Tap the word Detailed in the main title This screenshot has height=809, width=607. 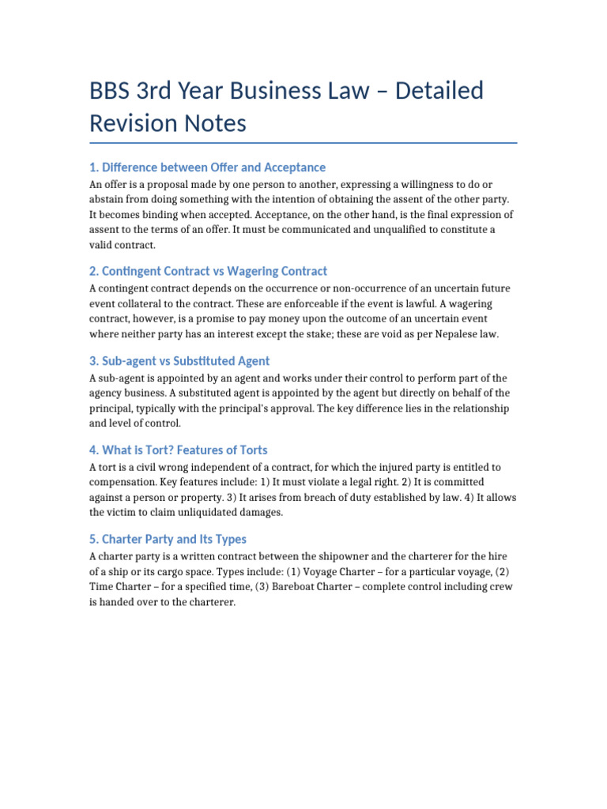coord(440,91)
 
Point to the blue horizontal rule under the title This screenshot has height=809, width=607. coord(303,143)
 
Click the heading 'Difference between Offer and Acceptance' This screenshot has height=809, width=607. coord(207,167)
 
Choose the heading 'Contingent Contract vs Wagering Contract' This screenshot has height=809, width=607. coord(208,271)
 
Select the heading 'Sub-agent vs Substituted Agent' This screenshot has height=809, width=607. coord(179,361)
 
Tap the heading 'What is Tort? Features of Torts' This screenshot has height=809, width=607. coord(179,450)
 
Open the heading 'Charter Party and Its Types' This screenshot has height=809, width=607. coord(168,540)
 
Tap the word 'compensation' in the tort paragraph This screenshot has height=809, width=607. coord(121,482)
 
